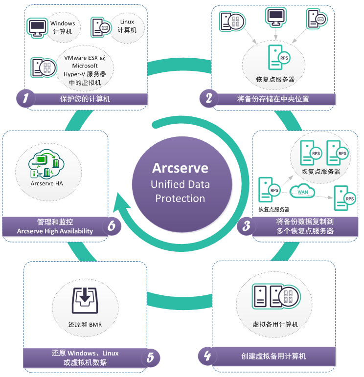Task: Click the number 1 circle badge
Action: click(25, 98)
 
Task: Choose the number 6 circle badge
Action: click(112, 226)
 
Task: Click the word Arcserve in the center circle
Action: click(180, 168)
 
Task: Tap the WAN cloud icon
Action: click(302, 192)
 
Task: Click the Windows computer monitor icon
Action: click(37, 27)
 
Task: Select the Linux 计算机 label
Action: click(127, 26)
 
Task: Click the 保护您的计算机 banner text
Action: click(85, 99)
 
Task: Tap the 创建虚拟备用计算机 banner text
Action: click(273, 356)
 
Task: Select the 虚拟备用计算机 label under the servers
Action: click(275, 324)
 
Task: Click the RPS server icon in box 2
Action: click(275, 58)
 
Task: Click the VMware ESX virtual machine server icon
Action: click(40, 67)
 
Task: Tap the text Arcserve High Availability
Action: click(55, 231)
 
